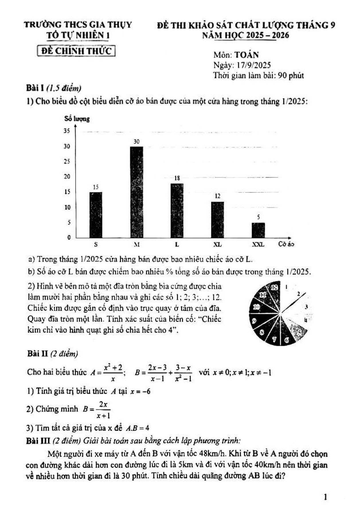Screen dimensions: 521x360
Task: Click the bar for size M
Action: click(137, 192)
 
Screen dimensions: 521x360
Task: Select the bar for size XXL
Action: click(258, 230)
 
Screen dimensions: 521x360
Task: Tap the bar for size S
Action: click(96, 215)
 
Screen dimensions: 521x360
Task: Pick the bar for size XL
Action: click(218, 220)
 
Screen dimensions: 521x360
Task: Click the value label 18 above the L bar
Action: click(177, 178)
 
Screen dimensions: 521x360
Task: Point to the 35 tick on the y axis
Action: click(67, 131)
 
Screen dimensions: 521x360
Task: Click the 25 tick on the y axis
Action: click(67, 162)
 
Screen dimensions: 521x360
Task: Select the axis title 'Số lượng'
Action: click(77, 119)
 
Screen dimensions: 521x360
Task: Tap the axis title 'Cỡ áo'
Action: click(286, 244)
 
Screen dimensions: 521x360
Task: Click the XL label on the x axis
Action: click(218, 245)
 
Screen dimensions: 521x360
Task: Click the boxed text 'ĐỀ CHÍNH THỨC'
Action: click(76, 51)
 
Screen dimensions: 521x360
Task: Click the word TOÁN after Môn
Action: click(246, 55)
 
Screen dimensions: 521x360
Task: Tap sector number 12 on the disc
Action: click(274, 287)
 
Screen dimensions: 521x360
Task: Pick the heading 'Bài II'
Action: click(38, 354)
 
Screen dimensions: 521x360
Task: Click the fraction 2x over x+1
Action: click(103, 409)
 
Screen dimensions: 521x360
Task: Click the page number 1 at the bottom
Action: click(325, 497)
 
